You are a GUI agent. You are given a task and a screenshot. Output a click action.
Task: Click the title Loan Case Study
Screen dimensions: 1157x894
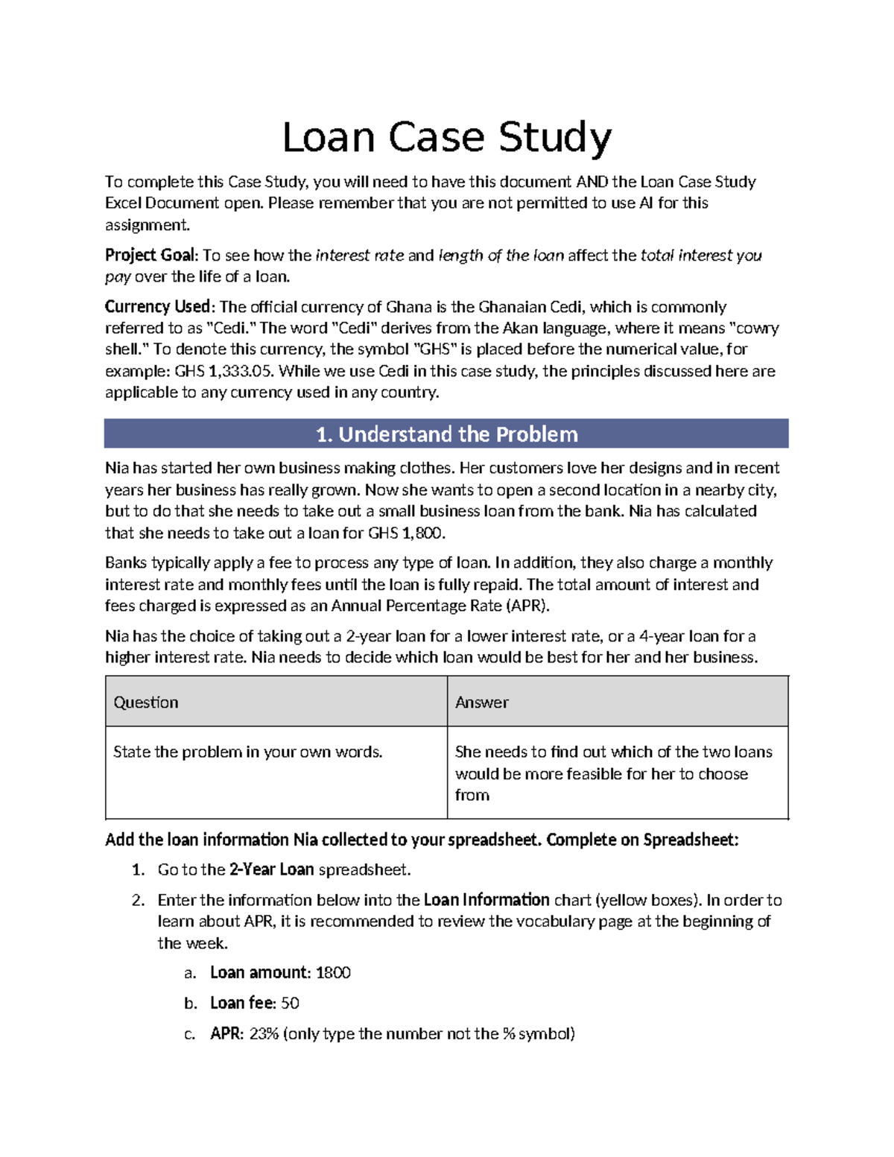tap(446, 138)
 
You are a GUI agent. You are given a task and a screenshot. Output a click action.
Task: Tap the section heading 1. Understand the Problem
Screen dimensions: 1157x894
tap(446, 434)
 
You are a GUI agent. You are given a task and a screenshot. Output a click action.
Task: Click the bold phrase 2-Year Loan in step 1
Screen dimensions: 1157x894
tap(271, 869)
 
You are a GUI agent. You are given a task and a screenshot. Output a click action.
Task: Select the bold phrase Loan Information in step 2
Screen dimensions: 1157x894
tap(486, 900)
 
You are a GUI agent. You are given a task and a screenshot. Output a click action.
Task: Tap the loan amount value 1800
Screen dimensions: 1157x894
tap(333, 973)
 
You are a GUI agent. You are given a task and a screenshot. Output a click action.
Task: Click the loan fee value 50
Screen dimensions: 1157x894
tap(290, 1004)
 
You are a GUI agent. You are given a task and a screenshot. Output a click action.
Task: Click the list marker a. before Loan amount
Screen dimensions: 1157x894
tap(191, 973)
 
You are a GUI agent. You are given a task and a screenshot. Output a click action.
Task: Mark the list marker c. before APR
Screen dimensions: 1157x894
tap(191, 1034)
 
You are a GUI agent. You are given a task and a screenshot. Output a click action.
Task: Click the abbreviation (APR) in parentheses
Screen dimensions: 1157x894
tap(527, 606)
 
